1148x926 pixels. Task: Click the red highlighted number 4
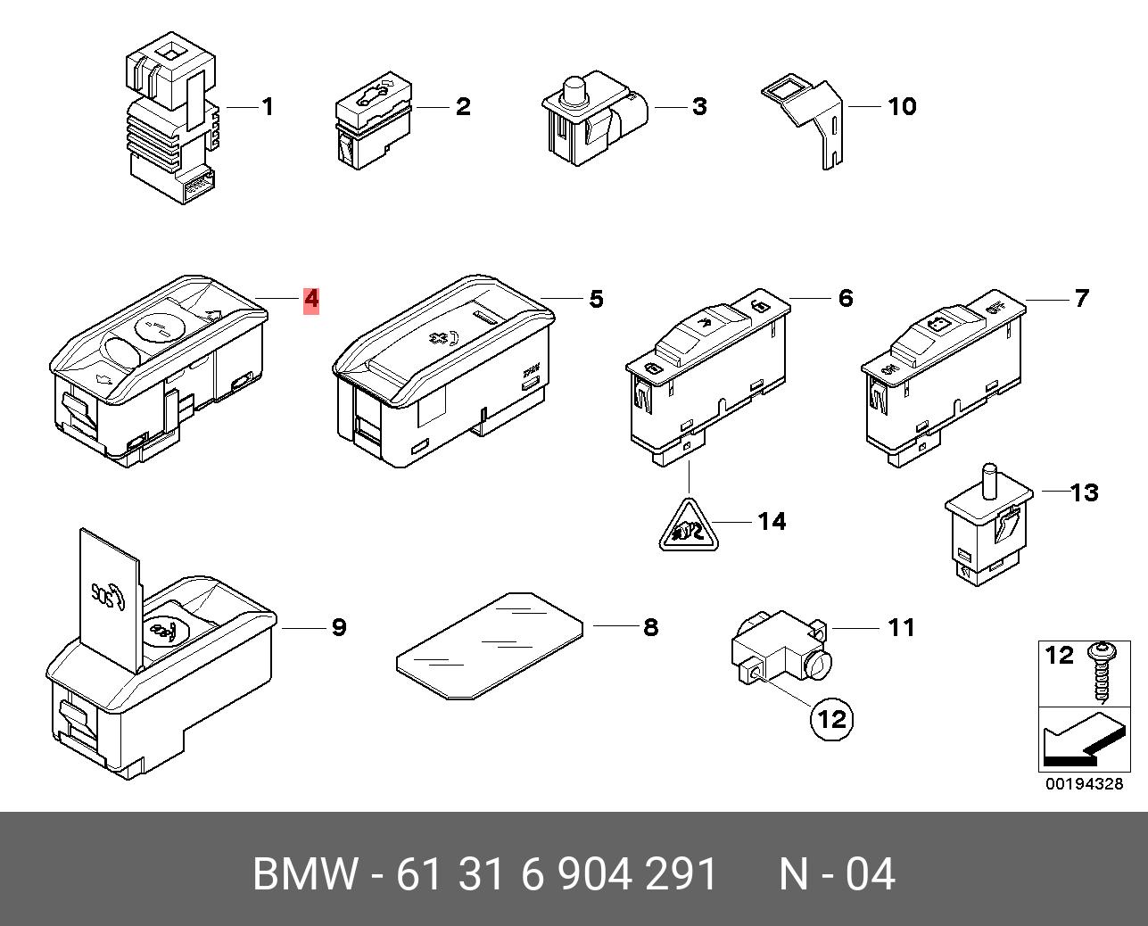click(311, 300)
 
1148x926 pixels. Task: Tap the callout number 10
click(902, 106)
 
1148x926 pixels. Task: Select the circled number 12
click(831, 719)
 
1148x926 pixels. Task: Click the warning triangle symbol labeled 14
click(689, 526)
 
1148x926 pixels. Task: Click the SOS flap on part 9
click(110, 599)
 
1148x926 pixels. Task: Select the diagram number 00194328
click(1084, 784)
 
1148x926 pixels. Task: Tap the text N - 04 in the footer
click(837, 873)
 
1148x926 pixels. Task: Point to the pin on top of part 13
click(990, 480)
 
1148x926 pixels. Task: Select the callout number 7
click(1081, 298)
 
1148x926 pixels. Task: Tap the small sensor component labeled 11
click(780, 648)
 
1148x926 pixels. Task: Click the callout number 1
click(268, 106)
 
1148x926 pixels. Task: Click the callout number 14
click(772, 522)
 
